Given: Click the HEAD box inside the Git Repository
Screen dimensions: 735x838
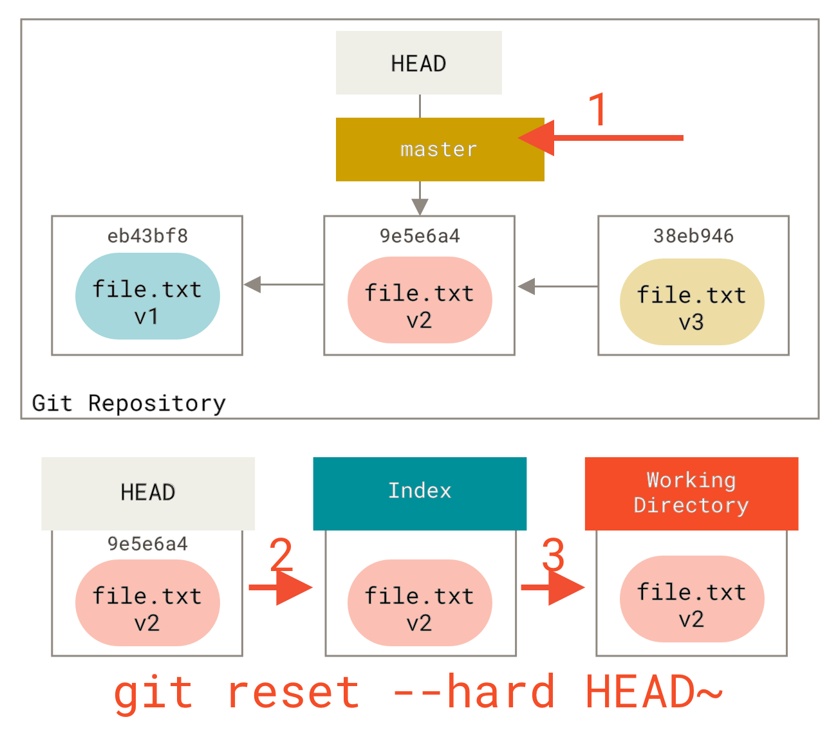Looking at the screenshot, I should (x=418, y=63).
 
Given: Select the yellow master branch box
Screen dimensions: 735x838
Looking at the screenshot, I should (x=440, y=149).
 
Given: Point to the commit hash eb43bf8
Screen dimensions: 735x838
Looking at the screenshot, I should (x=147, y=236).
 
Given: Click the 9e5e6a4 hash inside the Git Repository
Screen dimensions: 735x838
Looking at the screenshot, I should (x=420, y=236).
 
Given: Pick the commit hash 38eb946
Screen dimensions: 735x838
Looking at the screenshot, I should (x=693, y=236).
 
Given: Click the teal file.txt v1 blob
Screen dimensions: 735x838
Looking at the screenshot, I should (x=147, y=296).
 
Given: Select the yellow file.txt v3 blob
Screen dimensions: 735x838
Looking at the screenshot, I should (x=692, y=302).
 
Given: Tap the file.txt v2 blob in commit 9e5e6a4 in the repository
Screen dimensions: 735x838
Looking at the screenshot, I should (x=420, y=300).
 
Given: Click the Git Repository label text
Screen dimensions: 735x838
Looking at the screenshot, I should (x=129, y=403).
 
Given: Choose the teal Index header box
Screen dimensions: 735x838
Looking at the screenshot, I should (x=420, y=493).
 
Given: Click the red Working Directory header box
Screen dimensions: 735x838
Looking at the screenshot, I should (x=691, y=493).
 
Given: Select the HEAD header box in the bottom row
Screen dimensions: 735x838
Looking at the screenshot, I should (x=148, y=493).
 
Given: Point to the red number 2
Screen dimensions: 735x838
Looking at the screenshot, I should (x=281, y=554).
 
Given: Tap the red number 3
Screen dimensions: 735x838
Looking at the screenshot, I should (x=554, y=554).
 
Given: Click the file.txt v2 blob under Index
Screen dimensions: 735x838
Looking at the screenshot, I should (x=420, y=603).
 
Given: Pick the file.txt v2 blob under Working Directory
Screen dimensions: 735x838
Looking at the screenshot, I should (x=692, y=599).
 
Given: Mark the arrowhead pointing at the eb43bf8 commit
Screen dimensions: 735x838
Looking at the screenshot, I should (x=252, y=284).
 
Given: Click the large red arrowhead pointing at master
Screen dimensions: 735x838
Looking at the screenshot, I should (x=537, y=138).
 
